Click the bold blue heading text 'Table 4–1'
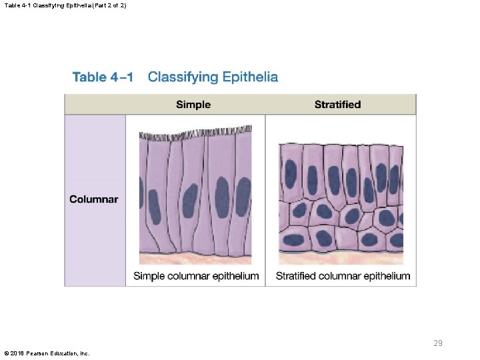pyautogui.click(x=103, y=77)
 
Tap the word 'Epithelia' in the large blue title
pyautogui.click(x=247, y=77)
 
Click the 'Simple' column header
pyautogui.click(x=193, y=105)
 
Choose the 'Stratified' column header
pyautogui.click(x=337, y=105)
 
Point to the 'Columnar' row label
pyautogui.click(x=94, y=199)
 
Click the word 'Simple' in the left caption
pyautogui.click(x=148, y=276)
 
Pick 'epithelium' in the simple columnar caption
pyautogui.click(x=235, y=276)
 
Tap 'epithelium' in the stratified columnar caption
pyautogui.click(x=386, y=276)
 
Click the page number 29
pyautogui.click(x=438, y=343)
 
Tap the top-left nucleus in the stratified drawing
pyautogui.click(x=291, y=171)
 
